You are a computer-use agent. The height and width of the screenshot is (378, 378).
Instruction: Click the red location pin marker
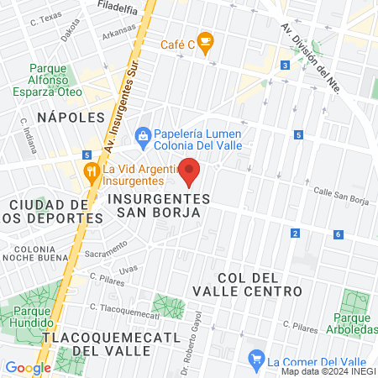coord(189,171)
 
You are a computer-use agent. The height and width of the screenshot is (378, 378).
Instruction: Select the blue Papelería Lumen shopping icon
coord(144,134)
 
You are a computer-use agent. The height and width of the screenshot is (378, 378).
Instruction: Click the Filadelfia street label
coord(117,9)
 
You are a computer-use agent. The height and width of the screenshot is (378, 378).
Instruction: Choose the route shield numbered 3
coord(286,65)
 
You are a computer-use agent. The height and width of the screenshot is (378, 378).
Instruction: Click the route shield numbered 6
coord(338,234)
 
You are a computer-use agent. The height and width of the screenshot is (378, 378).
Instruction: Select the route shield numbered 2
coord(295,233)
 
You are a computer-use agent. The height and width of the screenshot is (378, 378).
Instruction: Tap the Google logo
coord(28,367)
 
